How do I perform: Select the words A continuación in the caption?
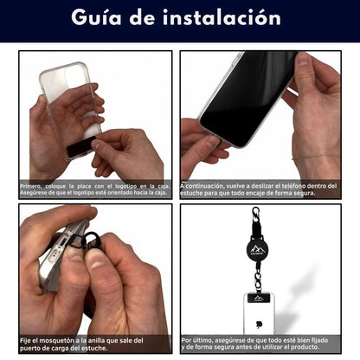pos(203,185)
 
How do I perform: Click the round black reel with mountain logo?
pos(257,247)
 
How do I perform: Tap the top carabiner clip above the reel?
pos(256,217)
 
